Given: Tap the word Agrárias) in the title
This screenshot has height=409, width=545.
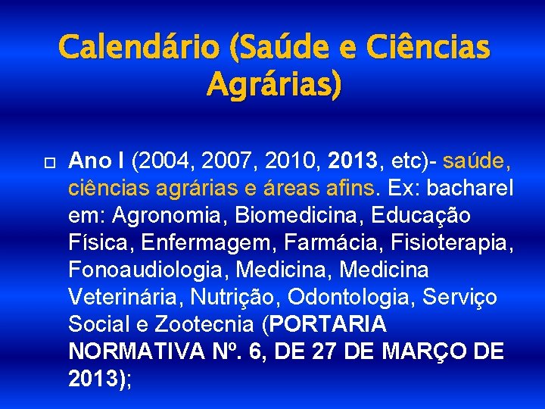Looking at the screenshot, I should pyautogui.click(x=273, y=84).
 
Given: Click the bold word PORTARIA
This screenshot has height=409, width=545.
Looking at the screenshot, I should pyautogui.click(x=328, y=324).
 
